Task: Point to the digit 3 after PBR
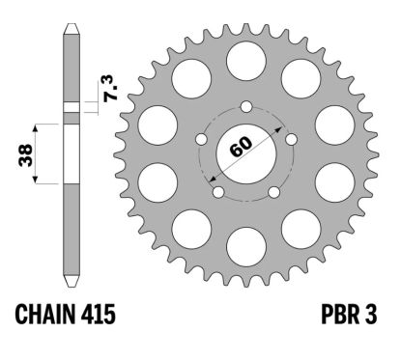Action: [x=371, y=316]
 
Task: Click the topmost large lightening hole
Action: [x=246, y=62]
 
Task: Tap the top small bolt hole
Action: [x=246, y=105]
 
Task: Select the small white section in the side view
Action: [x=70, y=107]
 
